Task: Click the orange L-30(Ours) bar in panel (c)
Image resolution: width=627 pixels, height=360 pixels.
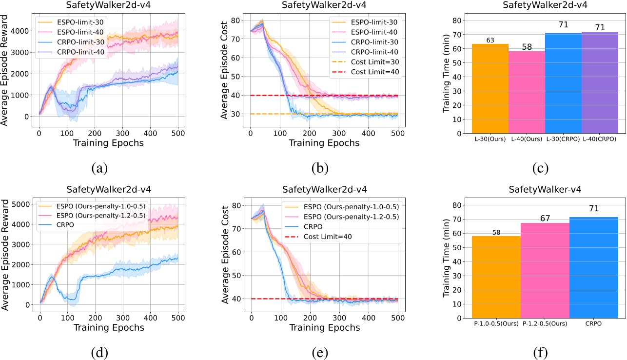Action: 490,88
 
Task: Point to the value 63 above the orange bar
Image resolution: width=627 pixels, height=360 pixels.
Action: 490,40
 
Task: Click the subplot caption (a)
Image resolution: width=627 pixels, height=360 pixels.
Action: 100,168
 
